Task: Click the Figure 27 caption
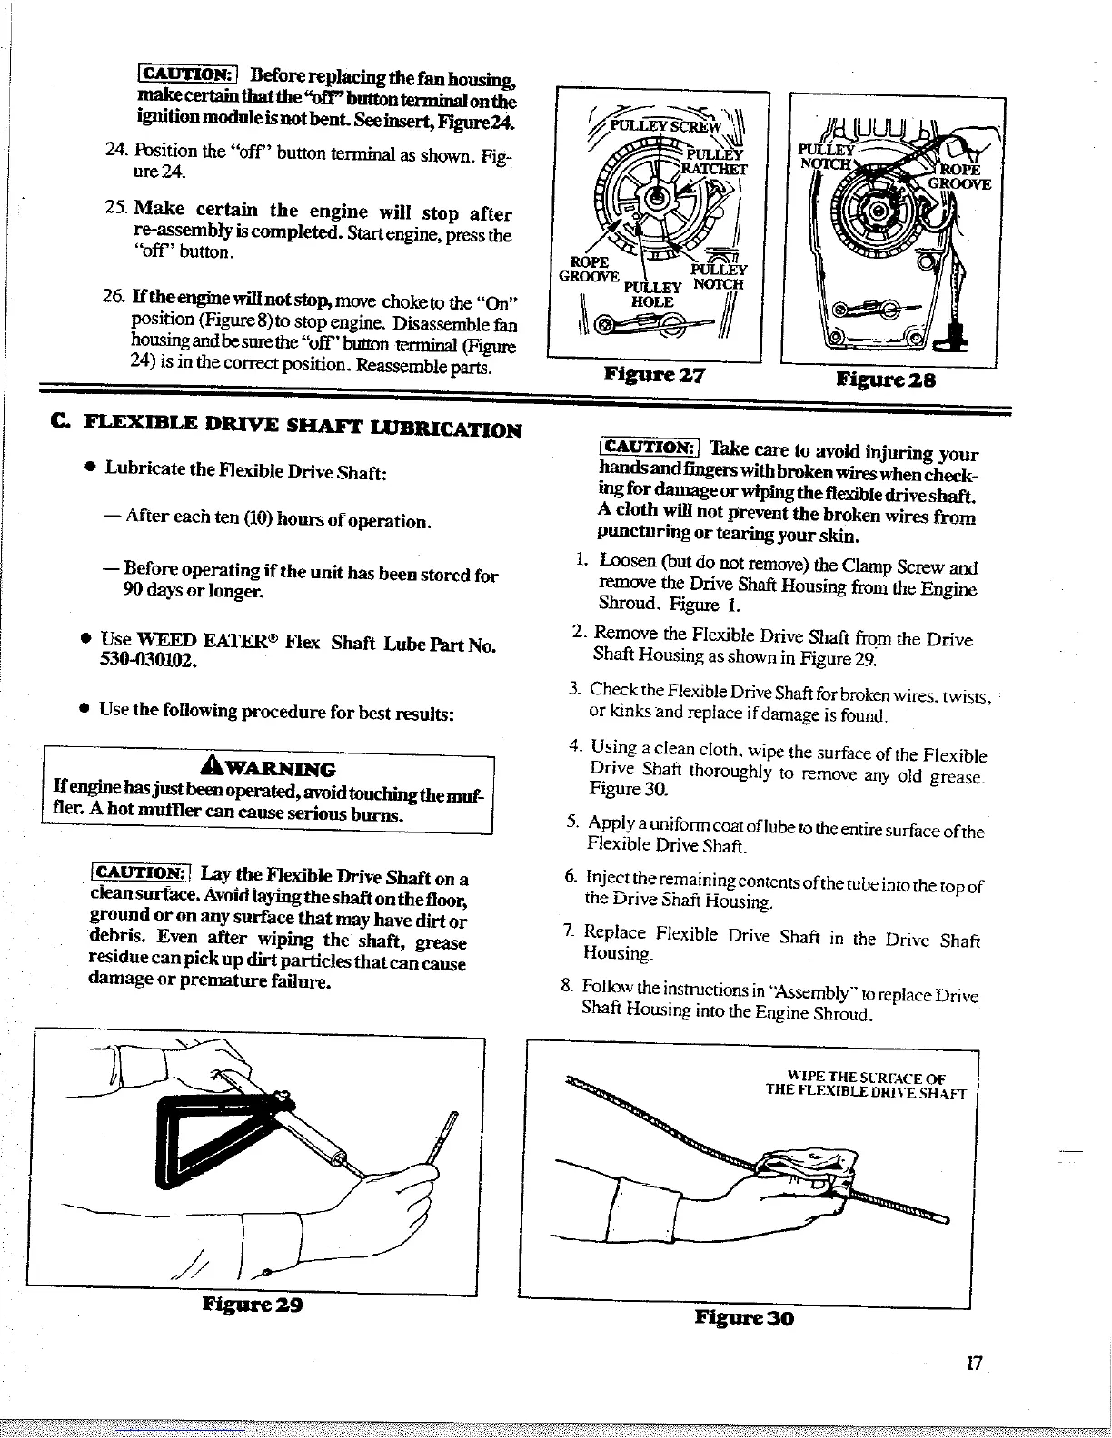pos(653,376)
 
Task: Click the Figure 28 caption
pos(885,379)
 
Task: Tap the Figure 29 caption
pos(252,1306)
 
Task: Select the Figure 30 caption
pos(744,1317)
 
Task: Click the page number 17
pos(975,1364)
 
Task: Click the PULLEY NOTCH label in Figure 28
pos(825,156)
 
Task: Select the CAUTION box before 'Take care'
pos(648,448)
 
